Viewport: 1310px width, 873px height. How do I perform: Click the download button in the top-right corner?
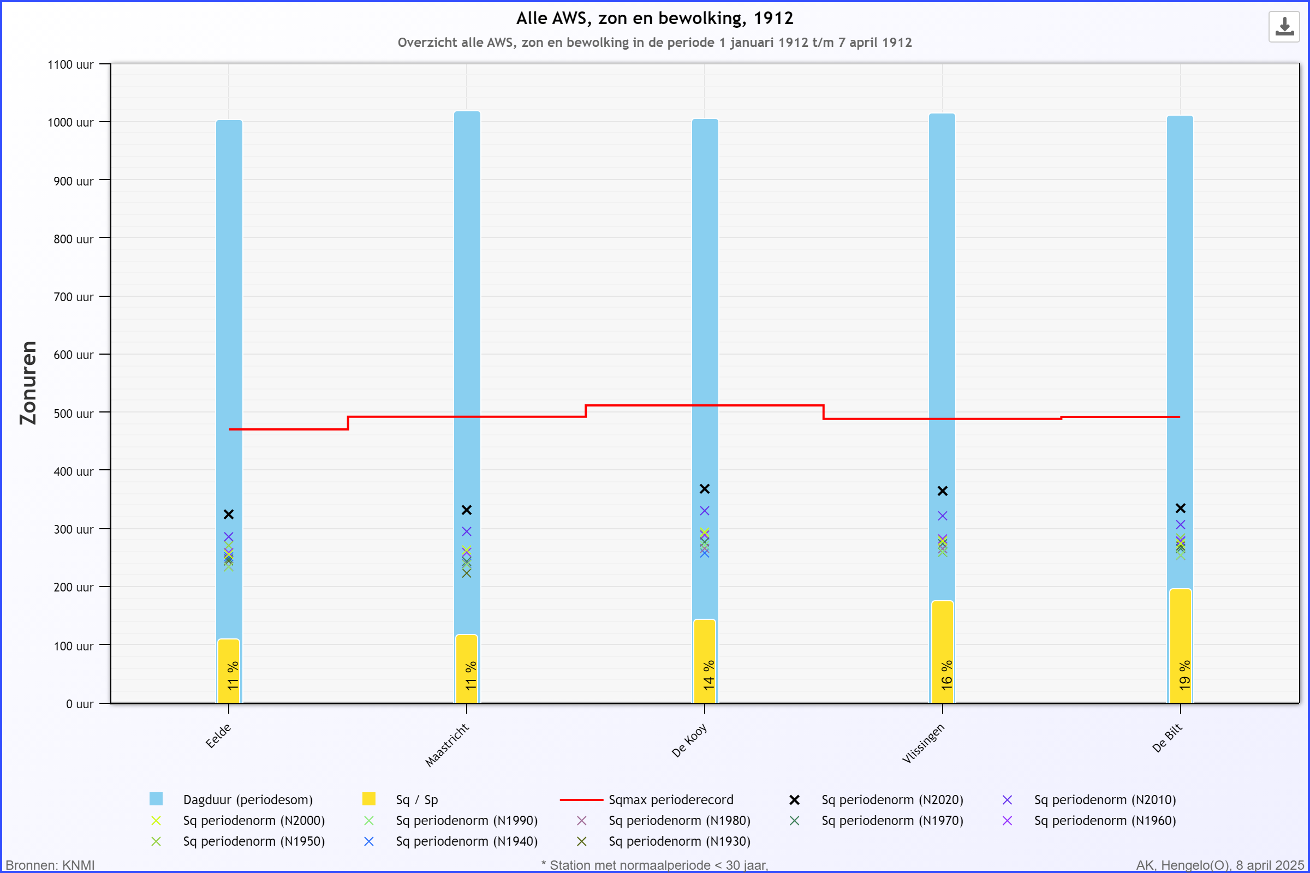coord(1284,26)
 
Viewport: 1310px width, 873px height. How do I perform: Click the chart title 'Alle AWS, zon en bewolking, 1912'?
coord(654,19)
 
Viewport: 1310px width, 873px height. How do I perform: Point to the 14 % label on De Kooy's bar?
coord(708,675)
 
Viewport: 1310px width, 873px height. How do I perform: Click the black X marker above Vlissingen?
coord(943,491)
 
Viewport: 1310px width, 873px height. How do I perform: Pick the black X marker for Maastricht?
coord(467,510)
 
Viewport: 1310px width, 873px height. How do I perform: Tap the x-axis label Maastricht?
coord(447,745)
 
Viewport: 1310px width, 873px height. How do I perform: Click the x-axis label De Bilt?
coord(1167,738)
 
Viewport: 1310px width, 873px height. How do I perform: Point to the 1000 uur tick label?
coord(71,122)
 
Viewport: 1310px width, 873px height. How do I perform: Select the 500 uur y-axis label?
coord(74,414)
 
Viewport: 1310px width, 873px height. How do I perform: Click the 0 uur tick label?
coord(80,704)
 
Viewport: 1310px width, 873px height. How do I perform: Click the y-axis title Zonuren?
coord(28,383)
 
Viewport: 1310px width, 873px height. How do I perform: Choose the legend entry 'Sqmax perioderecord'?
coord(671,799)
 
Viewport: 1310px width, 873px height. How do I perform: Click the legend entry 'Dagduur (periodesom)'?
coord(247,799)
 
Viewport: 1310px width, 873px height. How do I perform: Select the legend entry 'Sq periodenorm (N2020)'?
coord(892,799)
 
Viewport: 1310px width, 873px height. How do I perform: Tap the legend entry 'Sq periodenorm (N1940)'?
coord(466,841)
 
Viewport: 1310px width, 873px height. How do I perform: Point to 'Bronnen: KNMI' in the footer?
coord(50,865)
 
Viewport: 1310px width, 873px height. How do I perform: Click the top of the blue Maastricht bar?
coord(467,113)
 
